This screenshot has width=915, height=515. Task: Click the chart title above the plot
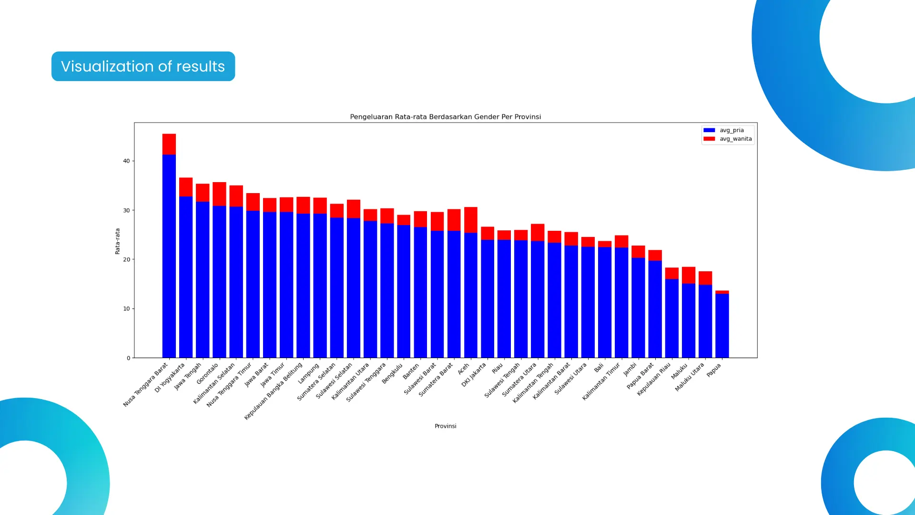445,117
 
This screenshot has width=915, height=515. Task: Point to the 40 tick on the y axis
126,161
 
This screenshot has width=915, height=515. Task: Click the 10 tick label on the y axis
126,309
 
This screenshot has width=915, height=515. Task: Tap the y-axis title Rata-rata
117,241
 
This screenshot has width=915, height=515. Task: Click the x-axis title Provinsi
445,426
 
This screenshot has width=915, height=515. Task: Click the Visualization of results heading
143,66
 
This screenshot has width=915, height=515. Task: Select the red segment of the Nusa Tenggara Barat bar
169,144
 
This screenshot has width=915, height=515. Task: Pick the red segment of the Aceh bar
471,220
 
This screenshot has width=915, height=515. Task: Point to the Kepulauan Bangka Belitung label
274,391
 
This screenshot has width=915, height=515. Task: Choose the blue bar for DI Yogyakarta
186,277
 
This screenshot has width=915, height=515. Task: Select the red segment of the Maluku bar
689,275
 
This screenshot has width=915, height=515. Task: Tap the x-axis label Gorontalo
207,374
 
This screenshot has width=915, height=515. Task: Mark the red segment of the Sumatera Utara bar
538,232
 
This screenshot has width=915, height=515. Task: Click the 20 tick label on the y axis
126,260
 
